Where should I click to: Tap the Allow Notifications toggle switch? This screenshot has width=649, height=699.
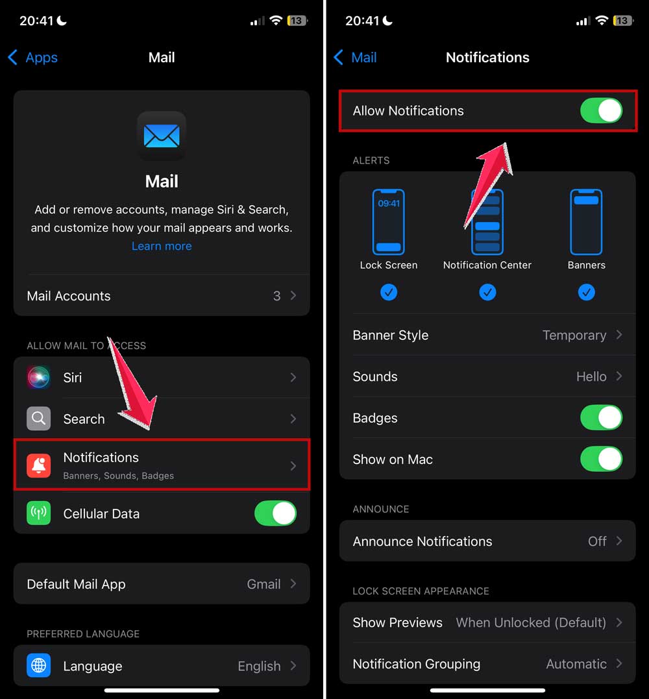click(601, 110)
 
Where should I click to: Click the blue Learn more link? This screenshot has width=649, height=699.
click(162, 246)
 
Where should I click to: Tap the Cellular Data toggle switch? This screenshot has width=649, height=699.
click(275, 513)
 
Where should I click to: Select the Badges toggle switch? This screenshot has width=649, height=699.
click(601, 418)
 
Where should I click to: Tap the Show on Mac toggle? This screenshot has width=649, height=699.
click(601, 460)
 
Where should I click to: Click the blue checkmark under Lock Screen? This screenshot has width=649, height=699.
click(388, 293)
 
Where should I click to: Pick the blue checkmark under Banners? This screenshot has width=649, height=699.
click(586, 293)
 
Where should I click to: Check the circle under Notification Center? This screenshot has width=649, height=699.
click(487, 293)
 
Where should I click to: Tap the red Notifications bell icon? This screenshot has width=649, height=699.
click(39, 465)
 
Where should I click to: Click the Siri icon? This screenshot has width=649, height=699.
click(39, 377)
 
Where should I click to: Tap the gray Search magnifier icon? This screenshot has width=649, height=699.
click(39, 419)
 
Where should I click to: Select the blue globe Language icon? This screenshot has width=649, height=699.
click(39, 666)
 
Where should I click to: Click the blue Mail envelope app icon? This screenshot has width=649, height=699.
click(162, 136)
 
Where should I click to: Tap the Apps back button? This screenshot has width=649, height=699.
click(32, 58)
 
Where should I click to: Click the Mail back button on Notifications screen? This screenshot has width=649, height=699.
click(355, 58)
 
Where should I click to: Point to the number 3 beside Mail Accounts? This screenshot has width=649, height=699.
click(276, 296)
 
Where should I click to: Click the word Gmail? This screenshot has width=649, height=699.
click(263, 584)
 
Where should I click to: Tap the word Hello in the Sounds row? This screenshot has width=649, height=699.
click(591, 376)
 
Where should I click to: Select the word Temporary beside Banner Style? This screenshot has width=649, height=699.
click(574, 336)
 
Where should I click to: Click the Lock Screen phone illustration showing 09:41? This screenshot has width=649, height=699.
click(388, 222)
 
